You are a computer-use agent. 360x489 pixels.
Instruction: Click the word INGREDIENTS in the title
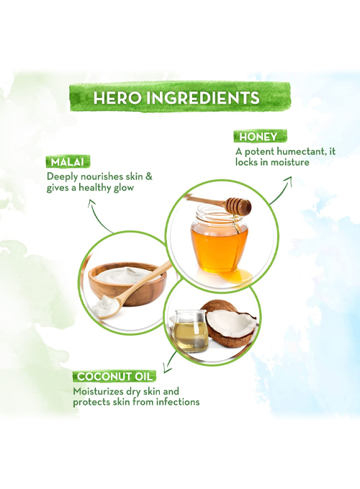[x=202, y=98]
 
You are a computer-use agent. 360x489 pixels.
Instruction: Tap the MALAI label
[x=68, y=162]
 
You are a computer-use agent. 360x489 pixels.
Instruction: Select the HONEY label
[x=258, y=137]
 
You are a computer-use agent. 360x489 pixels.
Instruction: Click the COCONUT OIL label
[x=114, y=377]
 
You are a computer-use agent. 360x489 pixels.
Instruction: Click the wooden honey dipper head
[x=239, y=205]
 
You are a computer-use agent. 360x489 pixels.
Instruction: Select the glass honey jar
[x=219, y=238]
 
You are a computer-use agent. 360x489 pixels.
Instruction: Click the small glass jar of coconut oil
[x=191, y=331]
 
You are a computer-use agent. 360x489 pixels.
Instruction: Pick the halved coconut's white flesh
[x=230, y=322]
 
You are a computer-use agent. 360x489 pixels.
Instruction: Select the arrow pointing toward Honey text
[x=282, y=190]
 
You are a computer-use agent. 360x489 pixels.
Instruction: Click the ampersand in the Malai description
[x=149, y=176]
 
